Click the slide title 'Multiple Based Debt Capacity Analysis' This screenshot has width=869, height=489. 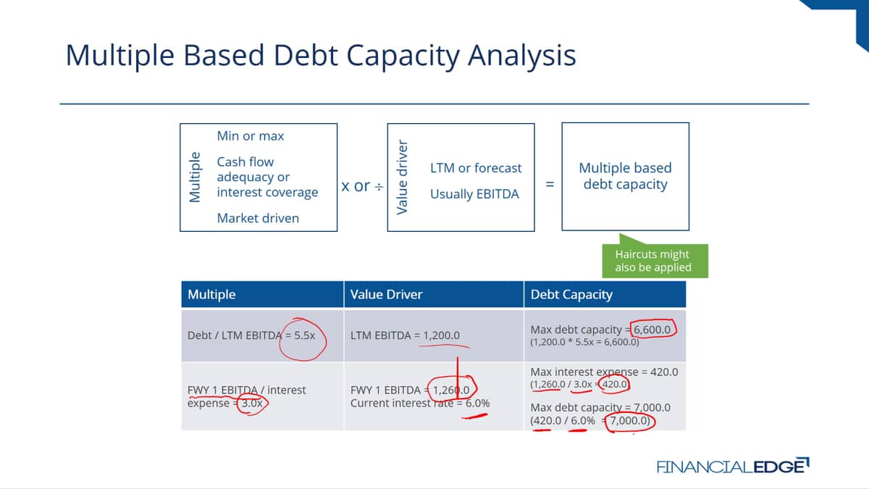click(320, 56)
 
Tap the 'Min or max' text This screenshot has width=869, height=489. click(251, 136)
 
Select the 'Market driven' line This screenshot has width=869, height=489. click(258, 218)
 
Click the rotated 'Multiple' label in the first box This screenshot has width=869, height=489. click(195, 177)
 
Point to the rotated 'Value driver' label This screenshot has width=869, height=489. click(403, 177)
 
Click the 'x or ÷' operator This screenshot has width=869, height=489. click(362, 186)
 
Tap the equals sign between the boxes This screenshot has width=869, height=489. click(550, 184)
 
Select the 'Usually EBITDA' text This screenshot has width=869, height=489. click(474, 193)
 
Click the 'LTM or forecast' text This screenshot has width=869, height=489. click(476, 168)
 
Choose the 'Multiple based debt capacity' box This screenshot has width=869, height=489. click(626, 177)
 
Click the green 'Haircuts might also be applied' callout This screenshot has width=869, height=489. click(655, 260)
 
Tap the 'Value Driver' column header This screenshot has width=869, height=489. click(387, 295)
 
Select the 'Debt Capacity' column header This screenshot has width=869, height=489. click(571, 295)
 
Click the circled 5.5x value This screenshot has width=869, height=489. click(305, 335)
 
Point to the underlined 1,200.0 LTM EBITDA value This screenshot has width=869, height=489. click(442, 335)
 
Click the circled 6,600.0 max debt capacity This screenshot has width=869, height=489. click(652, 330)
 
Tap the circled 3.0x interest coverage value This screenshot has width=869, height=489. click(252, 404)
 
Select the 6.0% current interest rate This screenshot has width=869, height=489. click(477, 404)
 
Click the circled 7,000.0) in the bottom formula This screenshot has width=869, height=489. click(630, 421)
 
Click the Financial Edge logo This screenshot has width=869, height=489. click(733, 466)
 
